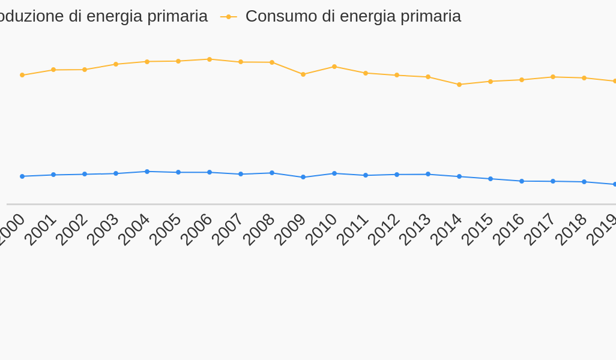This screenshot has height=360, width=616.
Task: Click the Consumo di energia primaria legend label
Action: pos(353,16)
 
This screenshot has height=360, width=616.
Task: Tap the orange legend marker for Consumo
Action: pos(229,17)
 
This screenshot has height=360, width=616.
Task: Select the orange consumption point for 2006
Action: pos(210,59)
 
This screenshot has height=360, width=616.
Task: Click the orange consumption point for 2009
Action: pos(303,74)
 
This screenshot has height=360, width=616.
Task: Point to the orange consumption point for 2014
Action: pos(459,85)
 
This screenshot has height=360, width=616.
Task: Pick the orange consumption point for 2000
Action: pos(22,75)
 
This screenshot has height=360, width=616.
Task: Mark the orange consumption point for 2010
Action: pos(334,67)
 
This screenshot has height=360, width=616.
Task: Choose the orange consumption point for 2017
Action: pos(553,77)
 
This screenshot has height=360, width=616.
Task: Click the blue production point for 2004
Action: pos(147,172)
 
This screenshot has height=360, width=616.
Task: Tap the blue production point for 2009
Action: pos(303,177)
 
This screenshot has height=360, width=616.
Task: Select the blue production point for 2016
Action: pos(522,181)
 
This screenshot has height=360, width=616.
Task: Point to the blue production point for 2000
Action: pos(22,176)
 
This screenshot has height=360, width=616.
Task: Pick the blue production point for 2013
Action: pos(428,174)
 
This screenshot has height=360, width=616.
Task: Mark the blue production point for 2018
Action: pos(584,182)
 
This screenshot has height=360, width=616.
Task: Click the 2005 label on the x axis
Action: pos(165,229)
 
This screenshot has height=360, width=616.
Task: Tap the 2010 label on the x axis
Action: pos(321,229)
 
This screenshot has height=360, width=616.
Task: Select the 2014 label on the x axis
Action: pos(445,229)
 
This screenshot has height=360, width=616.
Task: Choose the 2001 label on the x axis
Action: pos(40,229)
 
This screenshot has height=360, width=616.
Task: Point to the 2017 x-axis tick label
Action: pos(539,229)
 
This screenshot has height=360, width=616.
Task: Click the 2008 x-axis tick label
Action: pos(258,229)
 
